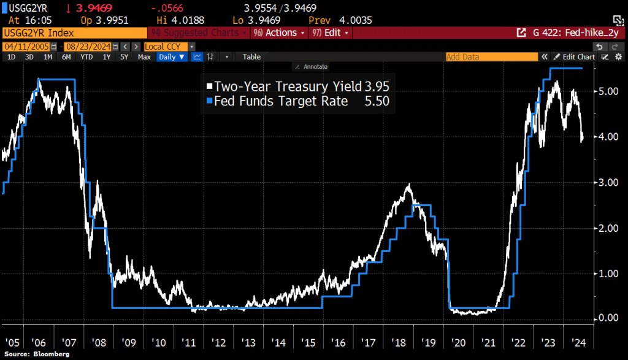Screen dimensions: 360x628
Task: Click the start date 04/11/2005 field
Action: (x=26, y=47)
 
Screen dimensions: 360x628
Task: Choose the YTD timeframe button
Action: (x=86, y=57)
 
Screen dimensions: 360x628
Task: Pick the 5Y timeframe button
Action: (x=124, y=57)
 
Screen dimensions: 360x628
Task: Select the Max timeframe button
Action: (x=144, y=57)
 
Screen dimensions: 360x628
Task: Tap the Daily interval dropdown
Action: (x=171, y=57)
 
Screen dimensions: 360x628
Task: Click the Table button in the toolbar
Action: (x=251, y=57)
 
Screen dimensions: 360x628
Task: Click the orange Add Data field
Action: (x=491, y=57)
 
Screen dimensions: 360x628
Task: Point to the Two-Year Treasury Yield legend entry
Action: (x=297, y=86)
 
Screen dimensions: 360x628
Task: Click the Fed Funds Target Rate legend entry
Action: (x=297, y=101)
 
